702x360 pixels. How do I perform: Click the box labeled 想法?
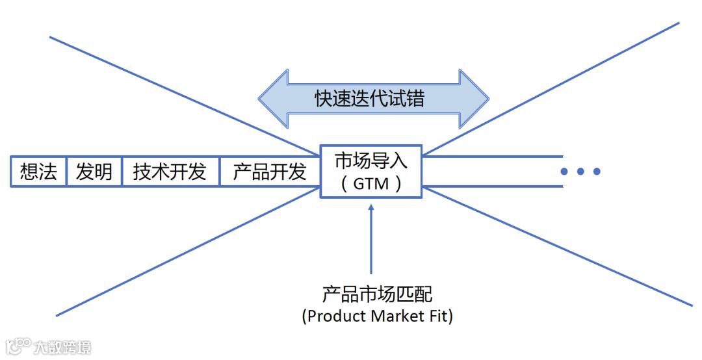point(38,172)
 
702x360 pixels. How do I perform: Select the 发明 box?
point(94,172)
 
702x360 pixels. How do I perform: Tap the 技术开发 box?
point(170,172)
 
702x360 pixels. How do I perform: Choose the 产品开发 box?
point(270,172)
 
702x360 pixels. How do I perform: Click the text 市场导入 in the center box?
point(370,161)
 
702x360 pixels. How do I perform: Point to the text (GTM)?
point(370,184)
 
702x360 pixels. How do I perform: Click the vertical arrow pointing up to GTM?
point(371,240)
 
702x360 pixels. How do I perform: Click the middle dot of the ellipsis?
point(580,172)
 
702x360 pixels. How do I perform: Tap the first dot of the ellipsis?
point(565,172)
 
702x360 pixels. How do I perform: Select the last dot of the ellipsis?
point(596,172)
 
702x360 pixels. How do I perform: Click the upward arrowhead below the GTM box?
point(371,209)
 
